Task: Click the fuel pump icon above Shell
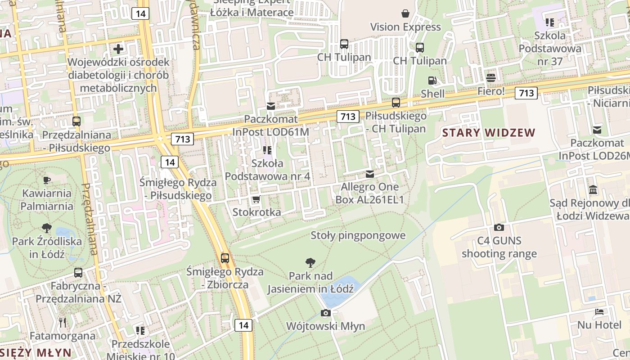coord(432,81)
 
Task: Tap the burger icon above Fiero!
coord(491,77)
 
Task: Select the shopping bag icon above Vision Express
coord(405,13)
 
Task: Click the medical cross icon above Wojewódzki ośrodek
coord(118,49)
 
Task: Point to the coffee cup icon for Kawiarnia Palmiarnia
coord(46,180)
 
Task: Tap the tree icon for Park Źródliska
coord(46,228)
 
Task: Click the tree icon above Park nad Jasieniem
coord(310,262)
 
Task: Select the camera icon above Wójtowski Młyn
coord(326,313)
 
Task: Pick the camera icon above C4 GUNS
coord(499,227)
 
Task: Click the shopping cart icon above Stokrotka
coord(256,199)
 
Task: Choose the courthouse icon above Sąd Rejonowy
coord(593,189)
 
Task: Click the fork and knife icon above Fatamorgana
coord(63,322)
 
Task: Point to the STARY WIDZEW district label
coord(489,133)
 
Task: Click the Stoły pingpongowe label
coord(358,235)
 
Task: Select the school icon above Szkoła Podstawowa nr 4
coord(267,150)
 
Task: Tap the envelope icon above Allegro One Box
coord(370,174)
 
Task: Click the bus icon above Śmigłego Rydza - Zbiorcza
coord(225,258)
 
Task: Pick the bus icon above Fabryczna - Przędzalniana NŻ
coord(78,272)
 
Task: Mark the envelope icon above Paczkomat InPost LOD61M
coord(271,106)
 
